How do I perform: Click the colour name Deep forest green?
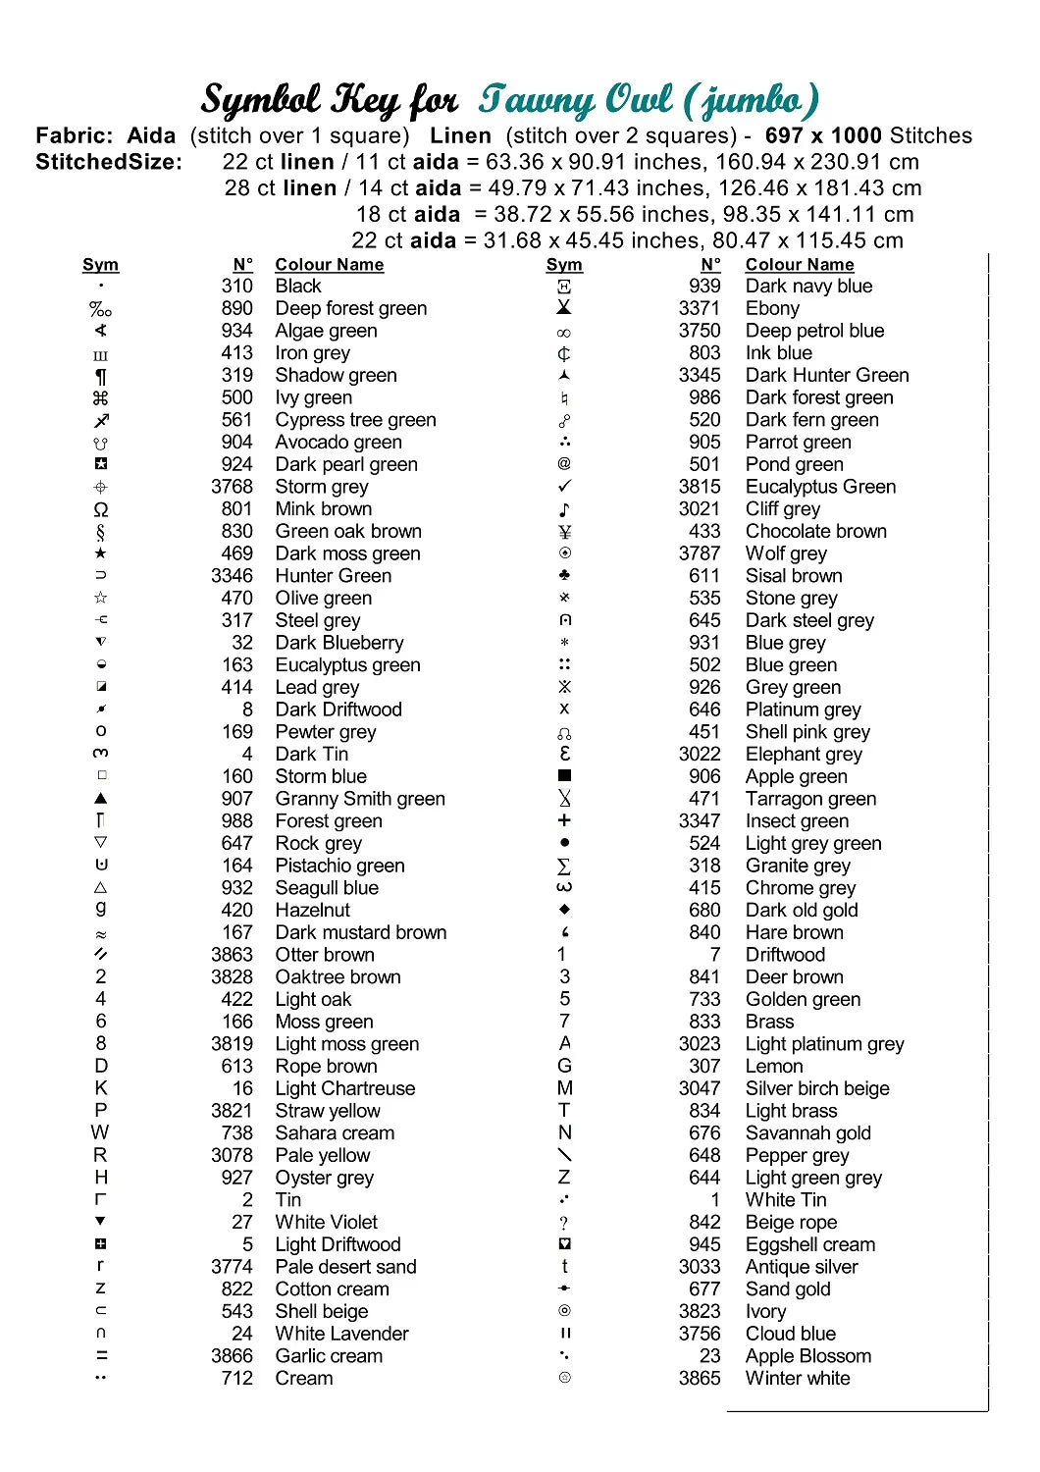(x=350, y=308)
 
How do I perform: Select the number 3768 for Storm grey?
(x=232, y=487)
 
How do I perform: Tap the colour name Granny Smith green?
(x=360, y=799)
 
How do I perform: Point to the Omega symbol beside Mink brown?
(x=101, y=509)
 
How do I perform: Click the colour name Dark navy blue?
(x=808, y=286)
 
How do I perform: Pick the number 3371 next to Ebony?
(x=699, y=308)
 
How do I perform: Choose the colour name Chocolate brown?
(x=815, y=531)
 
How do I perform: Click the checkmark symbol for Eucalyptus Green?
(x=564, y=487)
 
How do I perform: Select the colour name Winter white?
(x=798, y=1378)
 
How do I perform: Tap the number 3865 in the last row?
(x=699, y=1378)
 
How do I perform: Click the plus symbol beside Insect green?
(x=564, y=820)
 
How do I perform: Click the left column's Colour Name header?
(x=329, y=264)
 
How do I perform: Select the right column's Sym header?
(x=564, y=264)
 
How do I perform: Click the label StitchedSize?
(x=109, y=162)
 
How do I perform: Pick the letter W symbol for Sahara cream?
(x=100, y=1132)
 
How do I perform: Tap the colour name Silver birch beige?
(x=817, y=1088)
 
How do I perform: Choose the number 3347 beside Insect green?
(x=699, y=820)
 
